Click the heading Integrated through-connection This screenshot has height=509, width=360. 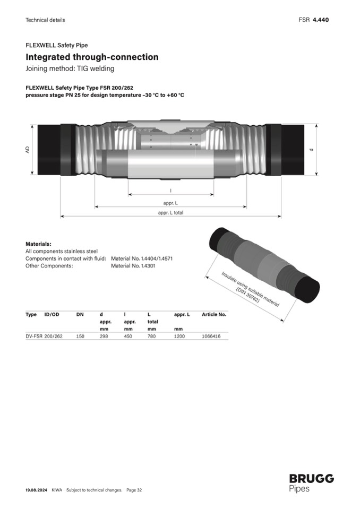pos(92,57)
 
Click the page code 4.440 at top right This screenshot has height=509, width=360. pos(321,20)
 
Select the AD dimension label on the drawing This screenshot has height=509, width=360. pos(28,150)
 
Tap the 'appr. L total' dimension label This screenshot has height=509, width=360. pos(170,213)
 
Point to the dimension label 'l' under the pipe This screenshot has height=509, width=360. pos(171,191)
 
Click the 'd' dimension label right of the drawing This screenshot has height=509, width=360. pos(312,150)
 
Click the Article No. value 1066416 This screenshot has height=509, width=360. pos(211,337)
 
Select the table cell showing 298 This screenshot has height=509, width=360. pos(104,337)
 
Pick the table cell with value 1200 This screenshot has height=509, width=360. pos(179,337)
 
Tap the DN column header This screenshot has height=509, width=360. pos(80,314)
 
